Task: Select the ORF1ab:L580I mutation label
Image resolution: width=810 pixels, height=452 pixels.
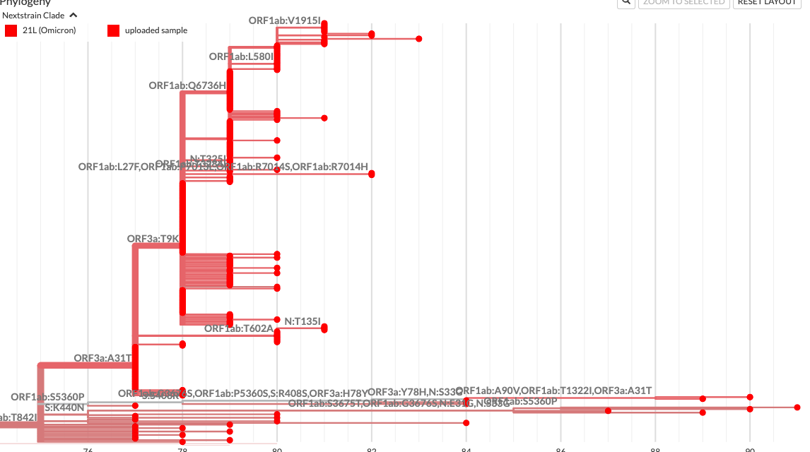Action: (241, 56)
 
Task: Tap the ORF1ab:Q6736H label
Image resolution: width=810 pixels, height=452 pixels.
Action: (187, 85)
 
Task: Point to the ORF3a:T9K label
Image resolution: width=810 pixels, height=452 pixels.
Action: (153, 239)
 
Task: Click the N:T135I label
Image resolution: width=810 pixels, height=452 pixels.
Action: (303, 321)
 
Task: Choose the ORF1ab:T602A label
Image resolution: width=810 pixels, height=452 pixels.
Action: (238, 328)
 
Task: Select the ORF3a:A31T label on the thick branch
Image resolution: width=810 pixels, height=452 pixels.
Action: (103, 358)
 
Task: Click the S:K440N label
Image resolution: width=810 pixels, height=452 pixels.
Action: (64, 408)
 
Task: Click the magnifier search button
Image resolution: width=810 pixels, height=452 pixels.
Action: (626, 2)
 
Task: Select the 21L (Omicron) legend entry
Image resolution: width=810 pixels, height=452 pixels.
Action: (40, 30)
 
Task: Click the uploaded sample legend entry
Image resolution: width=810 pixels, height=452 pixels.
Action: (147, 30)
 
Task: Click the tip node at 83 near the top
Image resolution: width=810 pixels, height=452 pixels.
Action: (419, 39)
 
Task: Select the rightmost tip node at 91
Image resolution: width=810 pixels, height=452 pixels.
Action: (797, 408)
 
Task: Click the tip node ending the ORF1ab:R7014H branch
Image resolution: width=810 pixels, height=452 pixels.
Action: (372, 174)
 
